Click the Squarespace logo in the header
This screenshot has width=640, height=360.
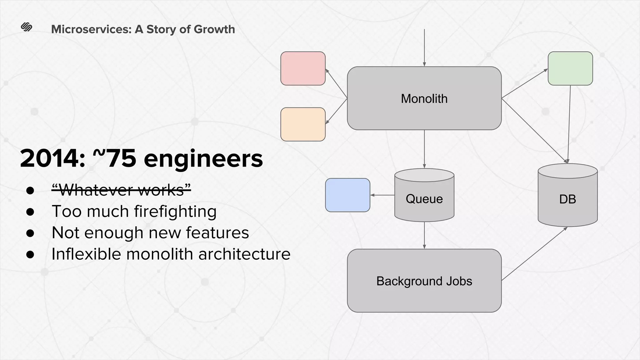click(x=27, y=27)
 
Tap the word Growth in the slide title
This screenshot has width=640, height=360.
click(x=214, y=29)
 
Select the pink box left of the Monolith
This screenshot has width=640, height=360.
click(x=303, y=68)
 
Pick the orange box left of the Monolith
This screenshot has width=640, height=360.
click(x=303, y=124)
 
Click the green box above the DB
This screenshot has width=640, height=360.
click(x=570, y=68)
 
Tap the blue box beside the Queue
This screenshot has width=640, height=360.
click(x=347, y=195)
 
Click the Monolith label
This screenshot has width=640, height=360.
click(x=424, y=99)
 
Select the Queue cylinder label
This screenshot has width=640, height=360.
click(x=424, y=199)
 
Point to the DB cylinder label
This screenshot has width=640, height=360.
click(x=567, y=199)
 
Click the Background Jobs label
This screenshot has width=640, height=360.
click(x=424, y=281)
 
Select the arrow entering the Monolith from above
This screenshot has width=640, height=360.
click(x=424, y=47)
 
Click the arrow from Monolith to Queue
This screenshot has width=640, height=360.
click(x=424, y=149)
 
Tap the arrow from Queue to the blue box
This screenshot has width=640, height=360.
click(x=382, y=195)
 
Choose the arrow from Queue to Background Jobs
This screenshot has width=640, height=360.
click(x=424, y=235)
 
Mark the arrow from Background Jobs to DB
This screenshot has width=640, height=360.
click(x=534, y=254)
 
